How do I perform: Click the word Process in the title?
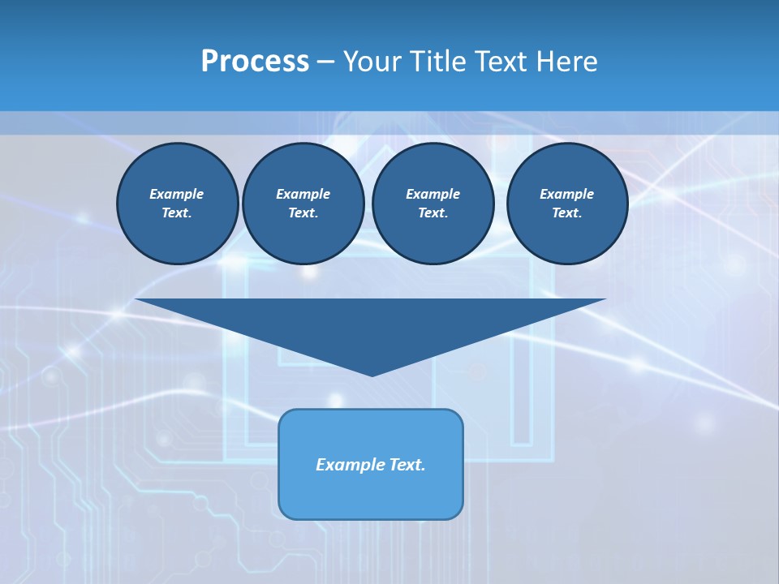click(255, 62)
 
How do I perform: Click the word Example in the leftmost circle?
click(177, 194)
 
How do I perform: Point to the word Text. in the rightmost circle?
click(566, 213)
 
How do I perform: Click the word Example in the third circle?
click(433, 194)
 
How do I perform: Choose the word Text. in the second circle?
click(303, 213)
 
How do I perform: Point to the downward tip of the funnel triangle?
click(372, 374)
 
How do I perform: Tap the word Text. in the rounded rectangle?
click(407, 465)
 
